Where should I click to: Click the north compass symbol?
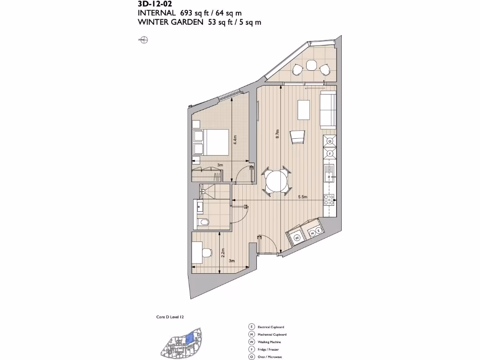(x=144, y=40)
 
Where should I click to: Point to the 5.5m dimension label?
(x=303, y=197)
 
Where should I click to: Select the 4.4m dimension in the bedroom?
(x=235, y=139)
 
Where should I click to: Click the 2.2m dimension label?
(x=223, y=254)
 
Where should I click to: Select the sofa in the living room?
(x=328, y=110)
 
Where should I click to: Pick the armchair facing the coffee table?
(x=298, y=137)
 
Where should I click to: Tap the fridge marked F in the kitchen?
(x=330, y=153)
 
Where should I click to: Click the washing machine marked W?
(x=297, y=238)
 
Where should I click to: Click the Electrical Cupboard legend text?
(x=271, y=327)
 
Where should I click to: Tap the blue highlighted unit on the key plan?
(x=190, y=337)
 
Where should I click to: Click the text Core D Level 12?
(x=170, y=317)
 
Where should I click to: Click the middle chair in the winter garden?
(x=310, y=64)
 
